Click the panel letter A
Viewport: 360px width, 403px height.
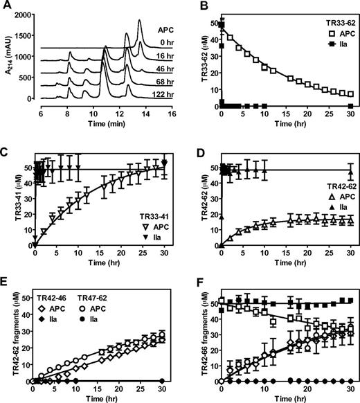[6, 6]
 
